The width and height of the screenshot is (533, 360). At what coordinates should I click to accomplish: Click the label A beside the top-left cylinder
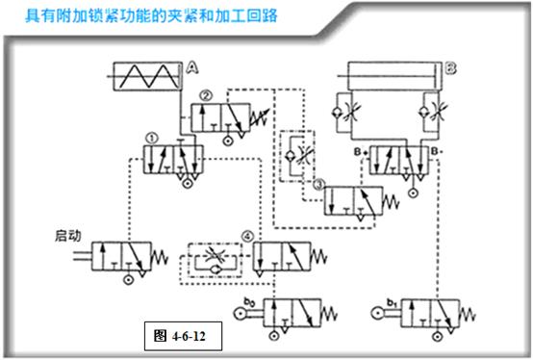pos(192,67)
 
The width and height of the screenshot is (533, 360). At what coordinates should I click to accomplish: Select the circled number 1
pos(150,138)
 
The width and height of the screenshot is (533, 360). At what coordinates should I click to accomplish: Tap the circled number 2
pos(207,94)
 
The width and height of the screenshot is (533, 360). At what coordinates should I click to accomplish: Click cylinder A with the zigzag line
pos(144,75)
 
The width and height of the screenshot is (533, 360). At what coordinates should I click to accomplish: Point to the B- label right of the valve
pos(438,151)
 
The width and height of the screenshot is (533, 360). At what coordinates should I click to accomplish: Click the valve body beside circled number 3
pos(352,199)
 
